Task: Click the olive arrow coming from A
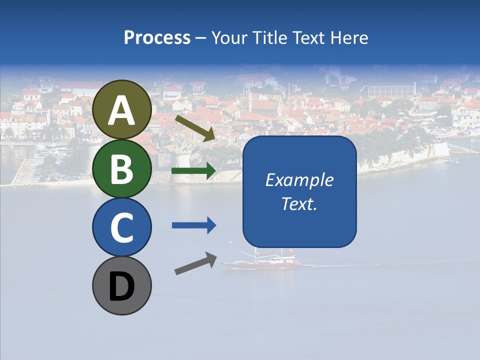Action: (195, 128)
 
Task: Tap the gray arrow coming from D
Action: (195, 263)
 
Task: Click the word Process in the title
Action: (157, 37)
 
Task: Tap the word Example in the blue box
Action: (299, 180)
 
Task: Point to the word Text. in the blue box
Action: (299, 203)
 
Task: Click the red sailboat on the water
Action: (262, 263)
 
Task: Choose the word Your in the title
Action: (228, 37)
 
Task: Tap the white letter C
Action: (122, 228)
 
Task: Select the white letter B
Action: (122, 169)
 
